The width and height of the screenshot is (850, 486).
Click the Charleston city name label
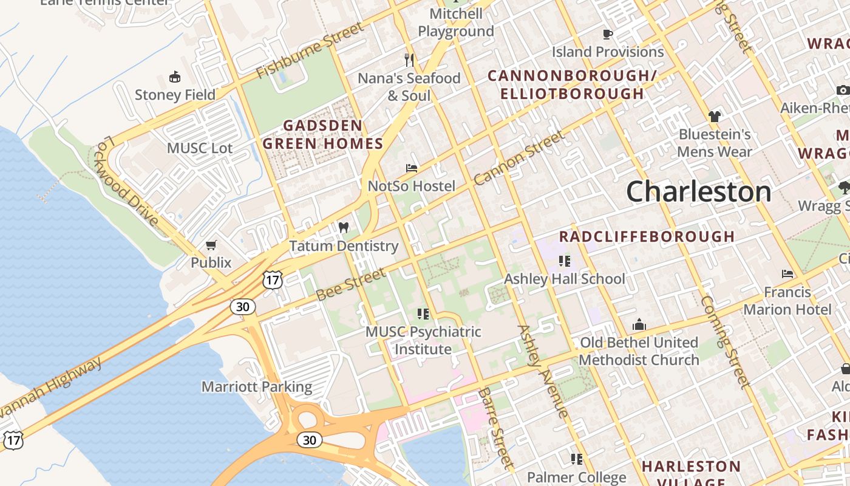coord(698,192)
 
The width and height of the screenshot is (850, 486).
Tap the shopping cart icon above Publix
coord(211,245)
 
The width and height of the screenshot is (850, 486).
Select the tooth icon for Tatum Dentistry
coord(344,228)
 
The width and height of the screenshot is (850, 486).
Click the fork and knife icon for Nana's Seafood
coord(409,60)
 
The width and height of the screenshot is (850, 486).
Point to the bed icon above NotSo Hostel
coord(412,168)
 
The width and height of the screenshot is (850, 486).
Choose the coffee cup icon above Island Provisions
coord(607,34)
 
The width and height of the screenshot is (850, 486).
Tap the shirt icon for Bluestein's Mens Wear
coord(714,116)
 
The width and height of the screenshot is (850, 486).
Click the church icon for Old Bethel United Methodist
coord(639,324)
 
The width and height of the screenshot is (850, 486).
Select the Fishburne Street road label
coord(310,50)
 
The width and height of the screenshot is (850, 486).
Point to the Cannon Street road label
coord(518,159)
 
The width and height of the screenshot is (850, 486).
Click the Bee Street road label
coord(350,285)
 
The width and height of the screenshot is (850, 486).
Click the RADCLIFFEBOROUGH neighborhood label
coord(647,236)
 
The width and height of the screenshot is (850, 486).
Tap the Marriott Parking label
coord(256,387)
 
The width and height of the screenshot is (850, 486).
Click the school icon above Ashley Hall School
coord(565,261)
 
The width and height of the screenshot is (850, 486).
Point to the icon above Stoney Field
coord(175,77)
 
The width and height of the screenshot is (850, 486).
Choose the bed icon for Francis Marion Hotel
coord(787,274)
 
